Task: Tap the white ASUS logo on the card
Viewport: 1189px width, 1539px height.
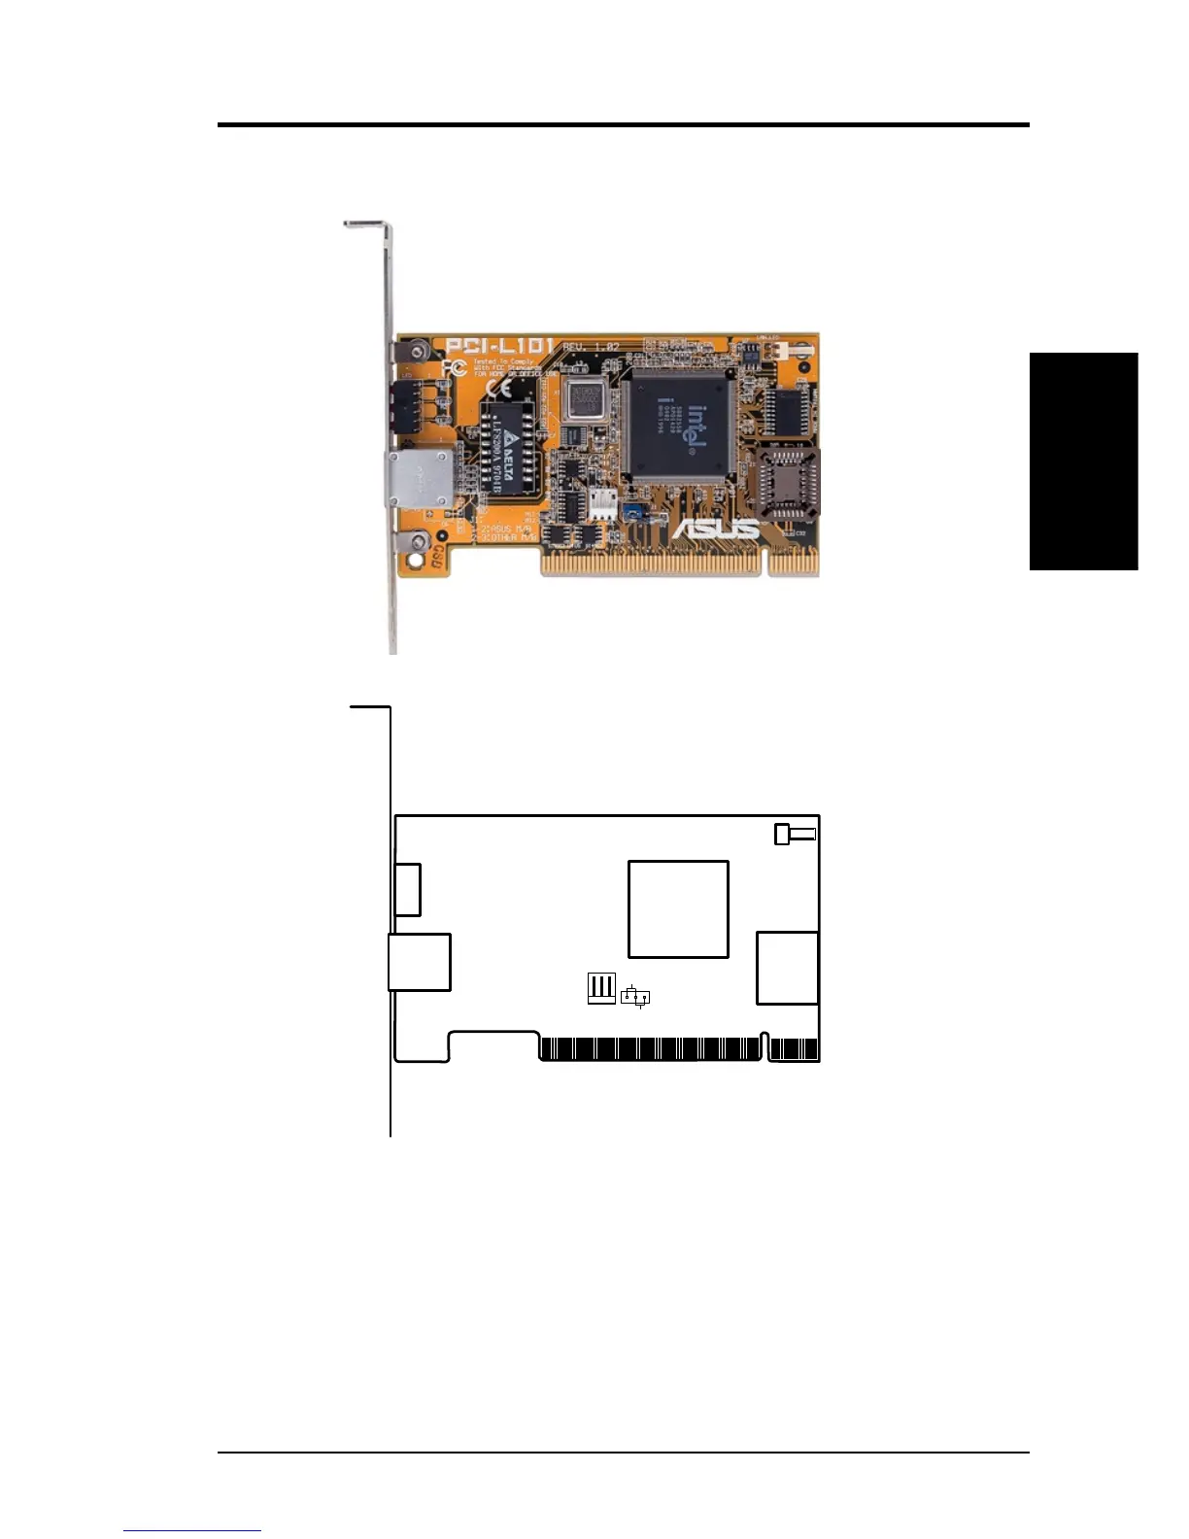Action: pos(717,529)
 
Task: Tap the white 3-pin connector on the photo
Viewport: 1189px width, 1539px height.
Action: pos(602,501)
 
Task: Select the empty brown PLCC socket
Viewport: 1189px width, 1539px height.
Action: pos(789,483)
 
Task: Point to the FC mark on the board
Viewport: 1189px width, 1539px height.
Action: pos(453,368)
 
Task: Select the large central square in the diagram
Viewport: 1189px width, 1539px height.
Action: pos(678,908)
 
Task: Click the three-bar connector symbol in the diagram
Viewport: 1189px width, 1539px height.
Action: pos(601,988)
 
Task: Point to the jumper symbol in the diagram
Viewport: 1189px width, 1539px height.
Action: pos(635,996)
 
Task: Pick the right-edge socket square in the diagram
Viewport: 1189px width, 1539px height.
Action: pos(787,967)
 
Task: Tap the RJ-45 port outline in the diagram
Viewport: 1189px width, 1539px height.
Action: pos(420,962)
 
